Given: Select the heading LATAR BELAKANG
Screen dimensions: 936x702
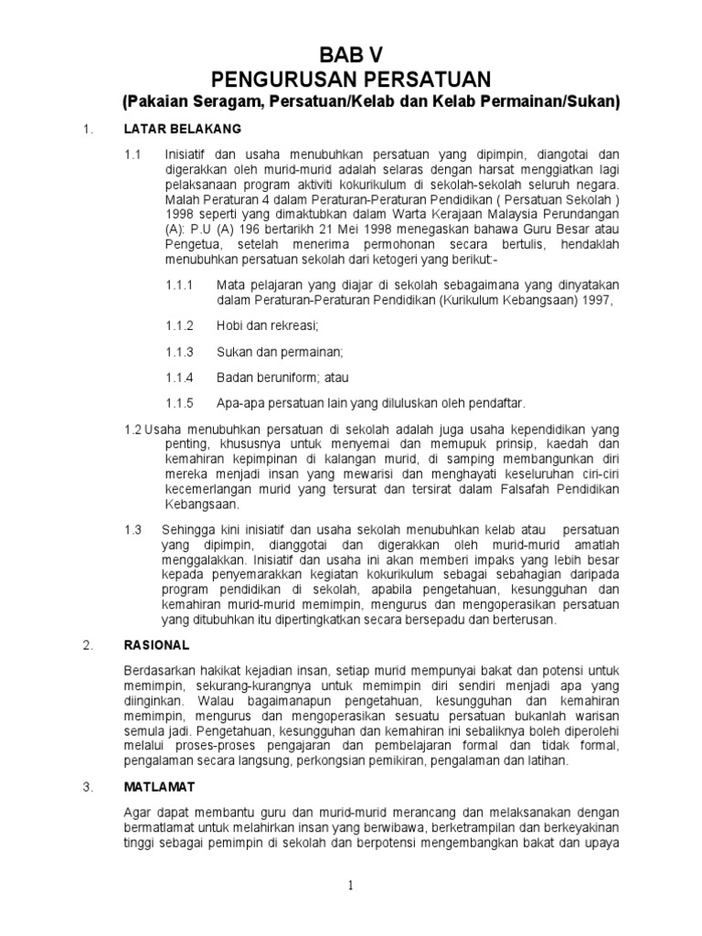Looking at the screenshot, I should (x=183, y=128).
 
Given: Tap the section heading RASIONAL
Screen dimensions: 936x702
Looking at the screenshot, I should (x=156, y=645).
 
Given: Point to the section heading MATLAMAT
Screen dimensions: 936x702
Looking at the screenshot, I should (x=159, y=786).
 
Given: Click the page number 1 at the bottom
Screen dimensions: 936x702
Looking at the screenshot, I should (x=350, y=884).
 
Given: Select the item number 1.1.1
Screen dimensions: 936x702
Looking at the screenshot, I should (x=180, y=285).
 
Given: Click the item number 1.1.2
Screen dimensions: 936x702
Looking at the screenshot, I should (x=180, y=325).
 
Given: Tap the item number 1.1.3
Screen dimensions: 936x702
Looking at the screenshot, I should (x=180, y=351).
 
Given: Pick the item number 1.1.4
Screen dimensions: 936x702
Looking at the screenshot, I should (x=180, y=377).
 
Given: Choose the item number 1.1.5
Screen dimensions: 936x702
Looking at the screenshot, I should (x=180, y=402).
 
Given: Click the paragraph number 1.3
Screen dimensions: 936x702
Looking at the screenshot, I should (x=133, y=528).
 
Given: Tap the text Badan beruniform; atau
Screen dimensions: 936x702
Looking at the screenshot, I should (x=282, y=377).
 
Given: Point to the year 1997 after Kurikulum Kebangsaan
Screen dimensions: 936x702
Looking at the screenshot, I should (x=599, y=300).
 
